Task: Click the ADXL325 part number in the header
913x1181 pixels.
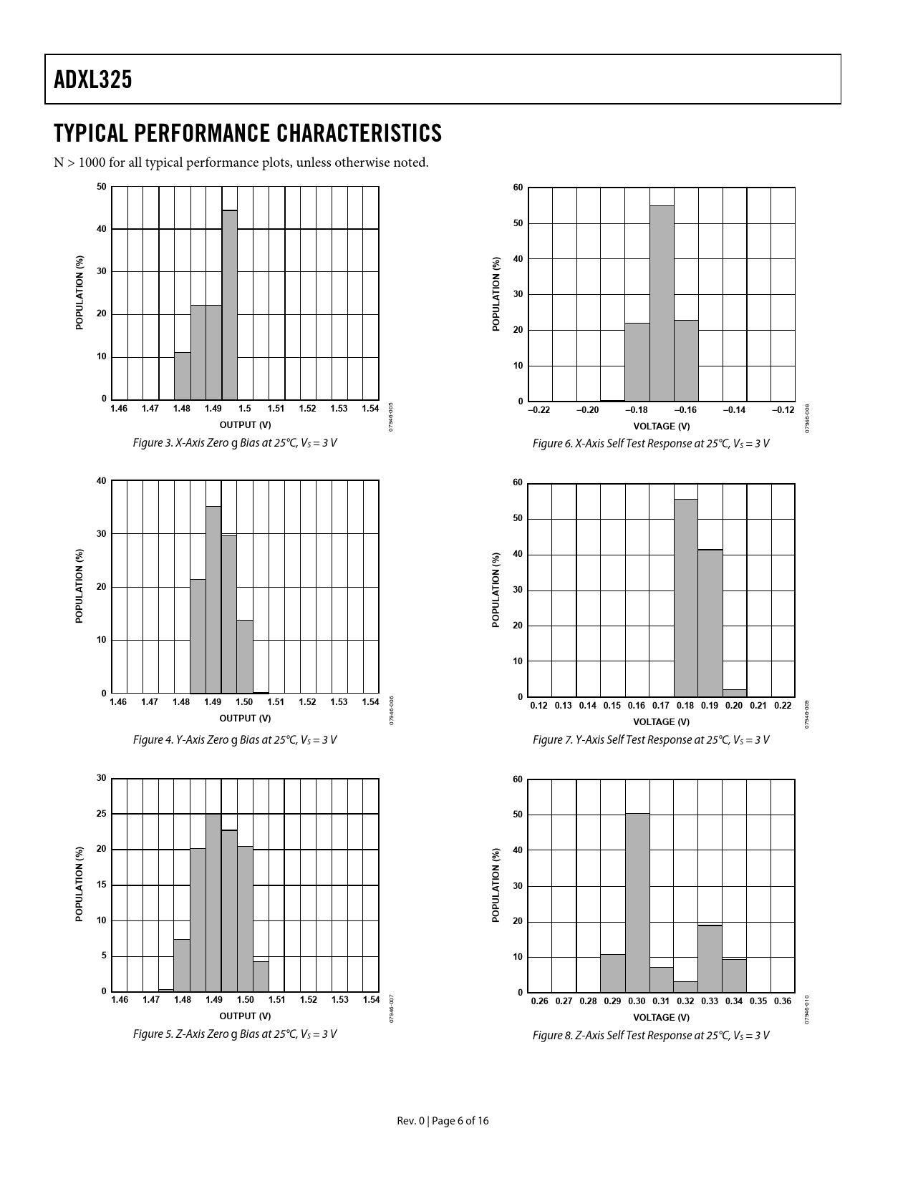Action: (93, 80)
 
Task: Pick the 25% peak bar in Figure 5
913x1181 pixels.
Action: (213, 902)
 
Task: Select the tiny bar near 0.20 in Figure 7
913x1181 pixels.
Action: (735, 693)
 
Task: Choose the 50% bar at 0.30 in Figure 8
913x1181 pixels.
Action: (637, 903)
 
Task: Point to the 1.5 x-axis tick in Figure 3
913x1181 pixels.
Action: (244, 409)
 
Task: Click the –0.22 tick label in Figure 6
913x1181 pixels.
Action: (538, 410)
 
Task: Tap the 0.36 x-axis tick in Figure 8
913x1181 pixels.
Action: (783, 1001)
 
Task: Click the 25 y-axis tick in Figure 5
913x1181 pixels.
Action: (101, 814)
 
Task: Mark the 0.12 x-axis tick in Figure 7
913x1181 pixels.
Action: (538, 706)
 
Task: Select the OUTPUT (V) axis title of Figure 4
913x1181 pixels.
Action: (245, 718)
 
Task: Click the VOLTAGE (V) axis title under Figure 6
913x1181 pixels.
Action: (662, 427)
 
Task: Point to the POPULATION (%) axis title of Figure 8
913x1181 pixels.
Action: (496, 885)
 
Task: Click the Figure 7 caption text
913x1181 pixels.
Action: (650, 739)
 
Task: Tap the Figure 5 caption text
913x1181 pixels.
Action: (234, 1034)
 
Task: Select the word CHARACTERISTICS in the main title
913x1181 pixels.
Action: (359, 133)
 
